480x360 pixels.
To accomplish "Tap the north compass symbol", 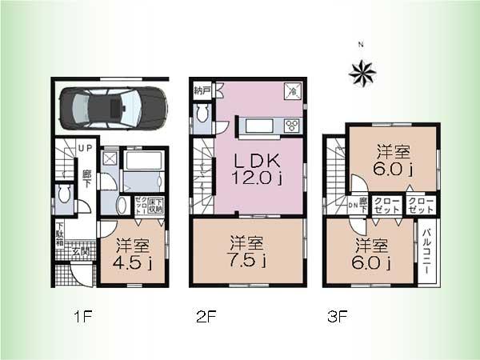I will click(362, 72).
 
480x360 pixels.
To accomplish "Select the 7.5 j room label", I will click(247, 250).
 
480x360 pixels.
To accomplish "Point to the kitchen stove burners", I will click(292, 125).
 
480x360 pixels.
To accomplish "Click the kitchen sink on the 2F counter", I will click(260, 126).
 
